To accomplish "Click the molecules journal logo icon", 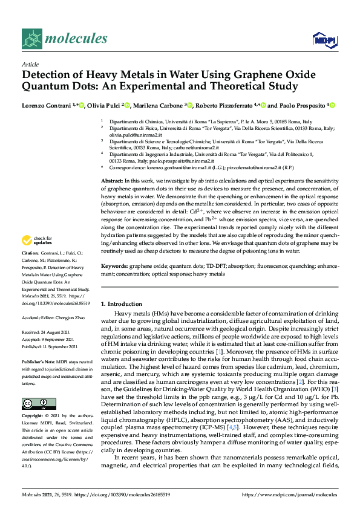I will click(32, 39).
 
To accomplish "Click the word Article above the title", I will click(30, 64).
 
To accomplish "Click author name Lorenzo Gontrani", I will click(46, 105).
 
